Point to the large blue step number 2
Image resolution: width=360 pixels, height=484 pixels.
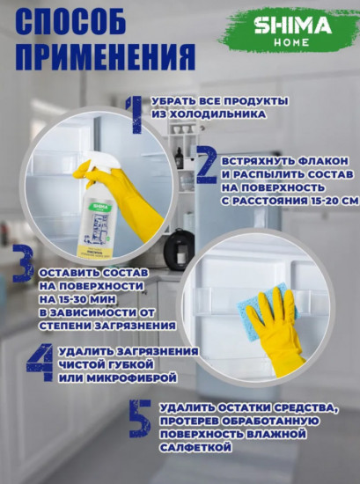point(207,166)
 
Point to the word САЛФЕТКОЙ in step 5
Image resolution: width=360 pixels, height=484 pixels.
point(196,448)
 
